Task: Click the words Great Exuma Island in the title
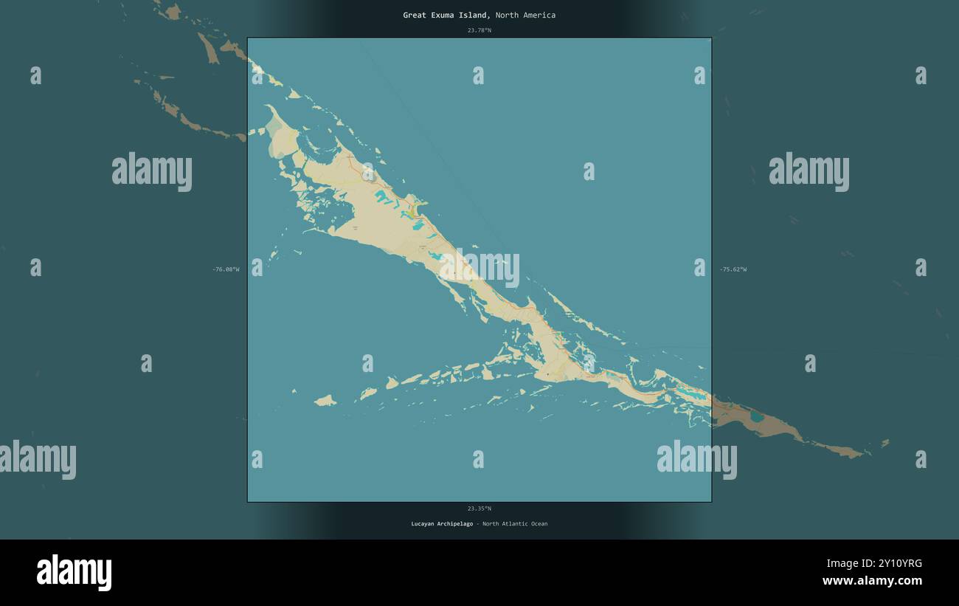click(x=445, y=15)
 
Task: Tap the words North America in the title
click(x=525, y=15)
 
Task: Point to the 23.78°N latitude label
click(x=479, y=30)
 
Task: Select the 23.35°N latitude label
click(x=479, y=508)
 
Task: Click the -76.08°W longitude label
click(x=226, y=269)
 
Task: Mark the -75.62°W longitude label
click(x=733, y=269)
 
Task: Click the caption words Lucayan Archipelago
click(x=442, y=524)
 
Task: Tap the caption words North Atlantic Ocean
click(x=514, y=524)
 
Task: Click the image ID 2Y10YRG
click(x=893, y=563)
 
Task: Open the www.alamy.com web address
click(x=872, y=581)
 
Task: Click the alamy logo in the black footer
click(x=74, y=573)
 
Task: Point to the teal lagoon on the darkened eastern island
click(x=757, y=416)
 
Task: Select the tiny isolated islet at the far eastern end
click(x=885, y=443)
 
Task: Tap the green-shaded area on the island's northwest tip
click(x=274, y=140)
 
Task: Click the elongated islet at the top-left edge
click(x=207, y=48)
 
